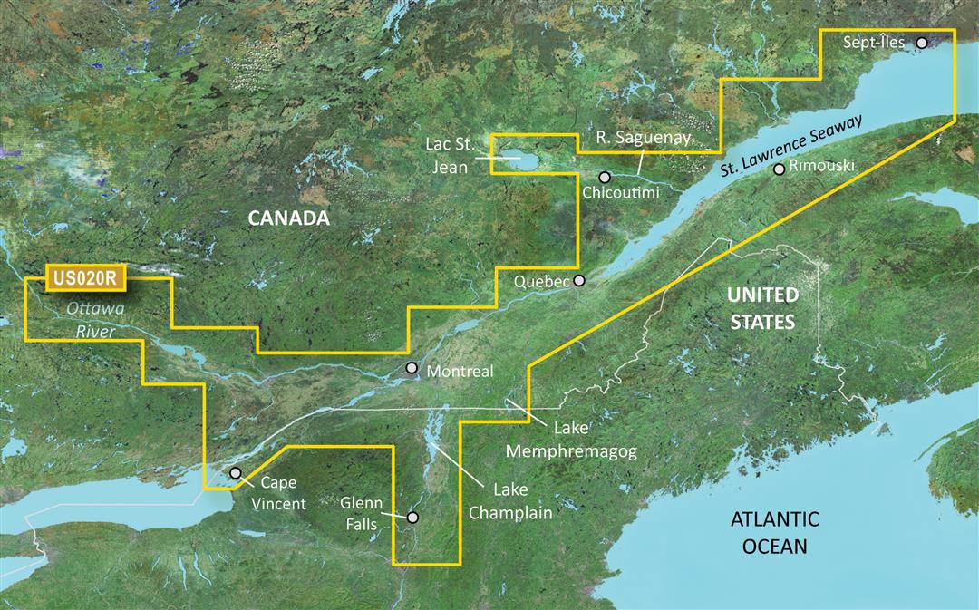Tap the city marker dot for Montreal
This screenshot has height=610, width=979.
412,368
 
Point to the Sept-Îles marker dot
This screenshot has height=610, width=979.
922,43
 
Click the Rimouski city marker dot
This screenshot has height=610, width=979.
779,169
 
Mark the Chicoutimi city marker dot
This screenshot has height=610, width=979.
605,176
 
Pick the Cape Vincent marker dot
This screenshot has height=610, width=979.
236,473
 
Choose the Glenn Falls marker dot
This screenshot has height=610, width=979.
412,517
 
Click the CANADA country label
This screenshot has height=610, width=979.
288,218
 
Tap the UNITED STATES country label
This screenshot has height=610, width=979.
764,308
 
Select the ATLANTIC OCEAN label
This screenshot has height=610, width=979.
775,533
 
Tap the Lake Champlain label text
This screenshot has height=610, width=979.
522,500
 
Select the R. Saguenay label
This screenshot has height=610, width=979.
644,138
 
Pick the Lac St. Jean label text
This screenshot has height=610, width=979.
450,155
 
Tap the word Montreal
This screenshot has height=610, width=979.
460,372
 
